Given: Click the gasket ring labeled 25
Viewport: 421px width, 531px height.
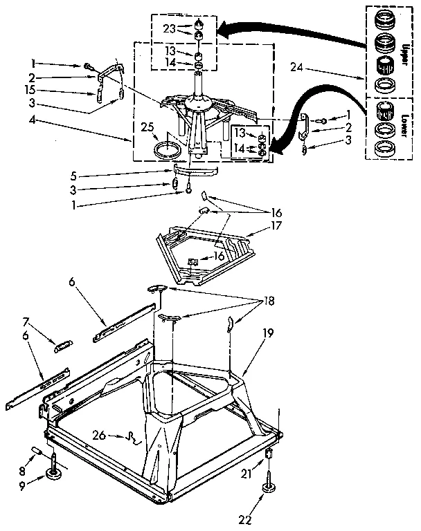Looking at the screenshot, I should (166, 150).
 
